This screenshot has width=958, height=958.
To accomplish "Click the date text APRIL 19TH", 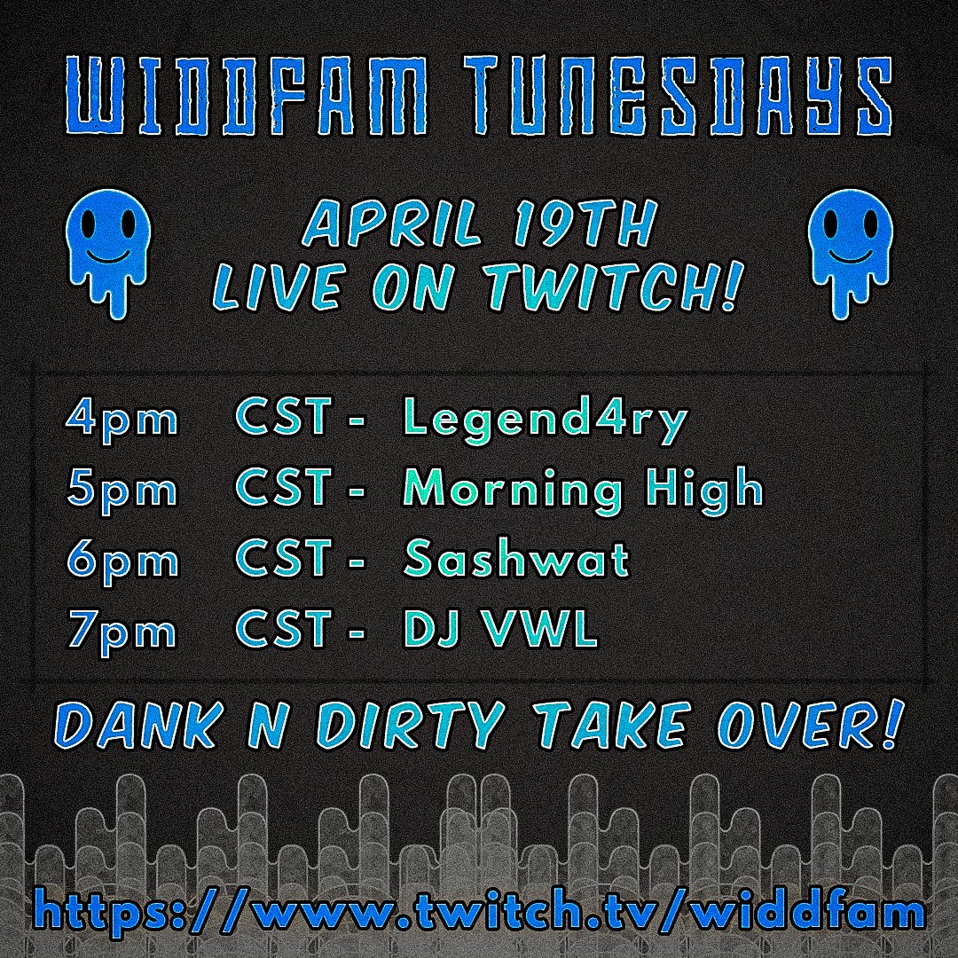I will tap(479, 226).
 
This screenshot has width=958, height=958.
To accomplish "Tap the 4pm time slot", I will tap(122, 419).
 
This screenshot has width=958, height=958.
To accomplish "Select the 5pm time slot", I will tap(122, 490).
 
